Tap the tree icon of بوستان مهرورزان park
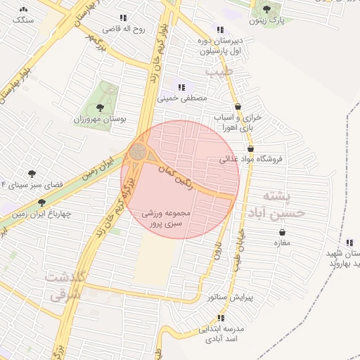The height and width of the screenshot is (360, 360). coord(100,108)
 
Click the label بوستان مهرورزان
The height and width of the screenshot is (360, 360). coord(101,120)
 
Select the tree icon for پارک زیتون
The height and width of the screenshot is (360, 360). coord(266,8)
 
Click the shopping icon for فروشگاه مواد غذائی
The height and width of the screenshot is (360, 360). coord(250,148)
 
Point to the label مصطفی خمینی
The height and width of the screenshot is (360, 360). coord(183,98)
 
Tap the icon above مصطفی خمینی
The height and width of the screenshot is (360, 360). coord(181,87)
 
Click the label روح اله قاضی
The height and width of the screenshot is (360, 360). coord(124,29)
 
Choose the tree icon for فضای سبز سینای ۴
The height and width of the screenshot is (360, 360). coord(32,173)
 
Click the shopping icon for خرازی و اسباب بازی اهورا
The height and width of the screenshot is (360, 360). coord(238,106)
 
